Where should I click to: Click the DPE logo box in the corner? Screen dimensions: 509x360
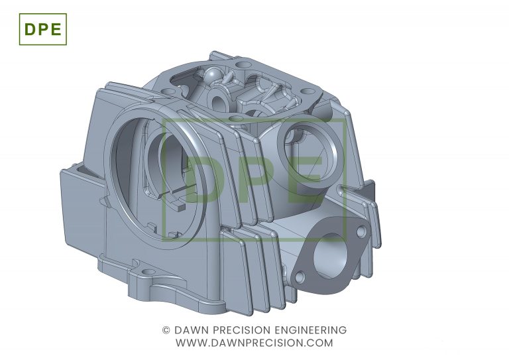point(43,29)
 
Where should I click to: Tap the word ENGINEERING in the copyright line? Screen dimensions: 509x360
point(311,330)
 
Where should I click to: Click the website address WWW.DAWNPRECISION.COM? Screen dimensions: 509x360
point(254,343)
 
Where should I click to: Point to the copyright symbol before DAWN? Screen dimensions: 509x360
point(166,330)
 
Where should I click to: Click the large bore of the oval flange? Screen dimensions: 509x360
point(331,257)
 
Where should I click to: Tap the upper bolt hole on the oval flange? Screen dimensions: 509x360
point(361,231)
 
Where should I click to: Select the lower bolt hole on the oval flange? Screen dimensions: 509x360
point(300,277)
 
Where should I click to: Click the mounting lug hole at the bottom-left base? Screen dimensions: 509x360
point(148,271)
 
